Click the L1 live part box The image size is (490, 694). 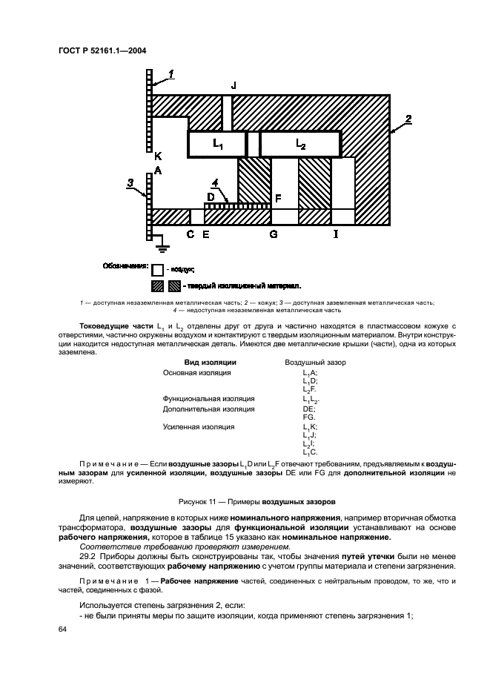[217, 143]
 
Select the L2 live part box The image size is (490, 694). [300, 143]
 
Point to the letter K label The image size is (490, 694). [157, 156]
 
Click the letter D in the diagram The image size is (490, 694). [211, 196]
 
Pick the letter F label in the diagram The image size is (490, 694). [278, 199]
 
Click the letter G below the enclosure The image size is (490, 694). [274, 234]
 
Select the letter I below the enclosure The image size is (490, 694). [336, 234]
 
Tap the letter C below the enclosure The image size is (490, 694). [191, 234]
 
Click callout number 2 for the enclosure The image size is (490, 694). [408, 118]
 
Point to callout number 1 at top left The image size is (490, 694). [171, 73]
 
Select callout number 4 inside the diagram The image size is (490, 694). [214, 182]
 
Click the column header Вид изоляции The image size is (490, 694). [210, 363]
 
